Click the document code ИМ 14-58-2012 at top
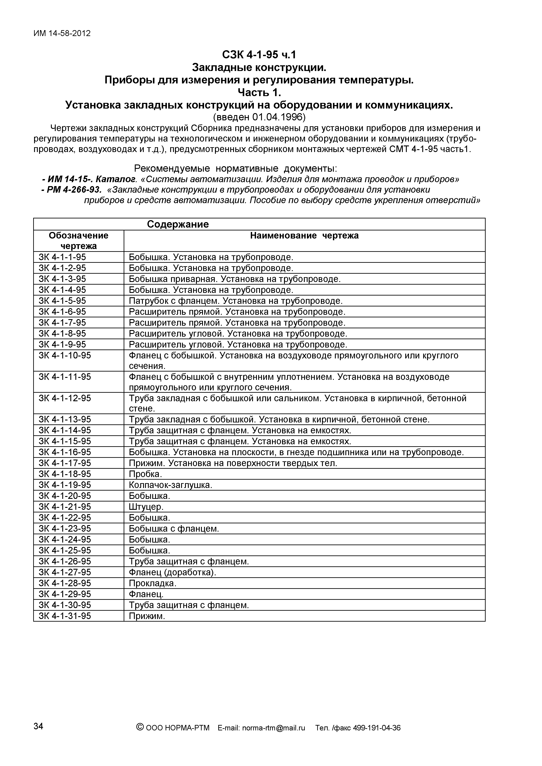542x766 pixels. (62, 33)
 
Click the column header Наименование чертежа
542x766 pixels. (304, 235)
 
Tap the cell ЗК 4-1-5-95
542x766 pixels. (62, 301)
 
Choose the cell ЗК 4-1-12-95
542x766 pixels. (65, 398)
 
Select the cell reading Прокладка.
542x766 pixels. (152, 583)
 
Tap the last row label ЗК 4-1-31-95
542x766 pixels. (65, 616)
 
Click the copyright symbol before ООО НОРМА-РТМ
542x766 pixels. (140, 727)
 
